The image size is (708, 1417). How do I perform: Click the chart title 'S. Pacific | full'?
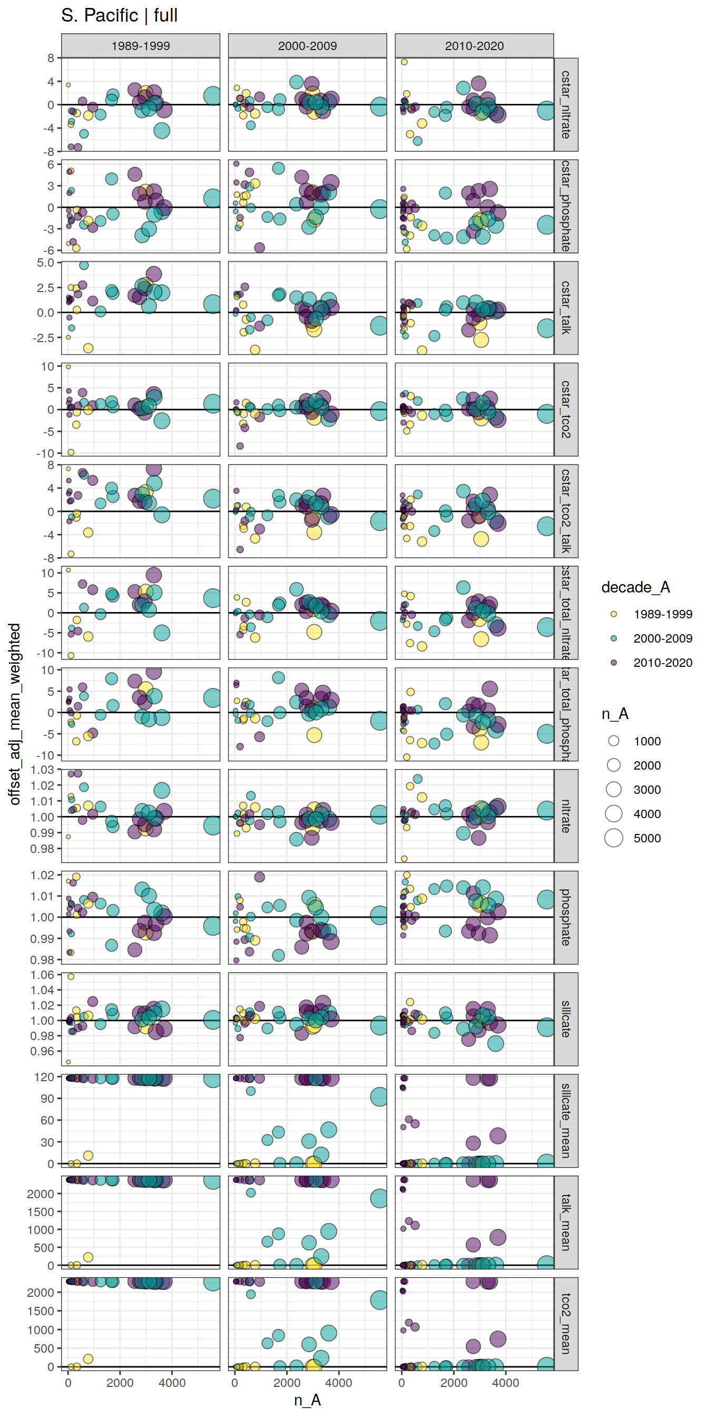[x=119, y=15]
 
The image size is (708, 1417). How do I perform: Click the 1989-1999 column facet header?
[x=140, y=46]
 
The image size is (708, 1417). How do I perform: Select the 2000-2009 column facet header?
[x=307, y=46]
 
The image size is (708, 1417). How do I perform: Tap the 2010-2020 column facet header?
[x=474, y=46]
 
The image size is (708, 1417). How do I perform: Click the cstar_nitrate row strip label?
[x=566, y=104]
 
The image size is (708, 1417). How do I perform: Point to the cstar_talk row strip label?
[x=566, y=307]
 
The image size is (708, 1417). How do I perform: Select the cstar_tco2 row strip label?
[x=566, y=409]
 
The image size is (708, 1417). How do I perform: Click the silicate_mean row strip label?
[x=566, y=1121]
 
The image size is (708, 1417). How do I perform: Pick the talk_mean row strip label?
[x=566, y=1222]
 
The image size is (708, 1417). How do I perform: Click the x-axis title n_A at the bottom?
[x=307, y=1400]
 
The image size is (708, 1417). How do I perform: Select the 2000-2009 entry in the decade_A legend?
[x=614, y=638]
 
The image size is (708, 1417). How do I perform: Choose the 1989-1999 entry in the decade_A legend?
[x=614, y=615]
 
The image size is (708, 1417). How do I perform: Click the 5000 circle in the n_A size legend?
[x=614, y=838]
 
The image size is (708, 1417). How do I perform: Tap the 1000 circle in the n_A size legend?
[x=614, y=741]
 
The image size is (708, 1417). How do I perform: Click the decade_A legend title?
[x=635, y=587]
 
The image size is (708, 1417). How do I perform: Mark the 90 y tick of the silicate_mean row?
[x=47, y=1099]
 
